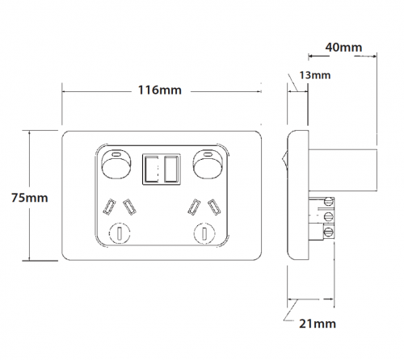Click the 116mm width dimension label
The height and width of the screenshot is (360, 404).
(160, 90)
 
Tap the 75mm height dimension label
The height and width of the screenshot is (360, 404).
(30, 198)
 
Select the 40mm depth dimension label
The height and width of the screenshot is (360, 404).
(343, 48)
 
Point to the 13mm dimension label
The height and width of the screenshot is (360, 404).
(315, 75)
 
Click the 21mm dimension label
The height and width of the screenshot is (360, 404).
(318, 324)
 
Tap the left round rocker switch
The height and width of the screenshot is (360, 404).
(116, 164)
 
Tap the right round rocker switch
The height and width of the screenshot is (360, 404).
(208, 164)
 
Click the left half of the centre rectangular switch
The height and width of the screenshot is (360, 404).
(151, 170)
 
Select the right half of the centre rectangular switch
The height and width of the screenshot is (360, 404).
(171, 170)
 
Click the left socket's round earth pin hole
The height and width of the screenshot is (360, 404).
(120, 233)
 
